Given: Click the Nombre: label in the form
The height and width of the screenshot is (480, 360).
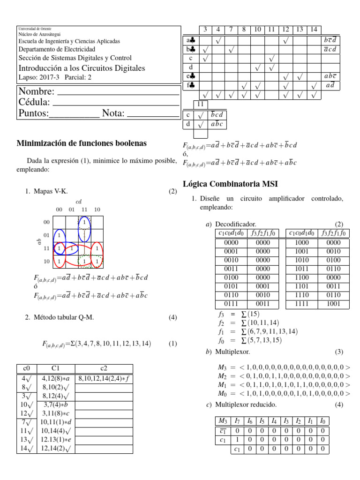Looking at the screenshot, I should (36, 91).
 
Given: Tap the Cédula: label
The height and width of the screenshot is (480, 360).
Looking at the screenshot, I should (34, 102).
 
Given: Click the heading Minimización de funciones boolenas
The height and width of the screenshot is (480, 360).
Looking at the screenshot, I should (81, 143).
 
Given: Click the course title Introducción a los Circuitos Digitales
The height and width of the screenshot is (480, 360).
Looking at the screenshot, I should (82, 68).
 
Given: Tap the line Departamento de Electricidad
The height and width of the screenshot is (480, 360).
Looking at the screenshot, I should (57, 49).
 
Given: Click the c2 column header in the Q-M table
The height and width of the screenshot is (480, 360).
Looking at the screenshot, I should (104, 369).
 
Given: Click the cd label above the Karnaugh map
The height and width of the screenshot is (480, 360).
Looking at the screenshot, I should (78, 202).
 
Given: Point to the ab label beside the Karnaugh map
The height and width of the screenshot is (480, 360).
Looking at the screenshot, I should (39, 242).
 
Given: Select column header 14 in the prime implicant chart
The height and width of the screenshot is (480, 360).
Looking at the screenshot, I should (314, 30).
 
